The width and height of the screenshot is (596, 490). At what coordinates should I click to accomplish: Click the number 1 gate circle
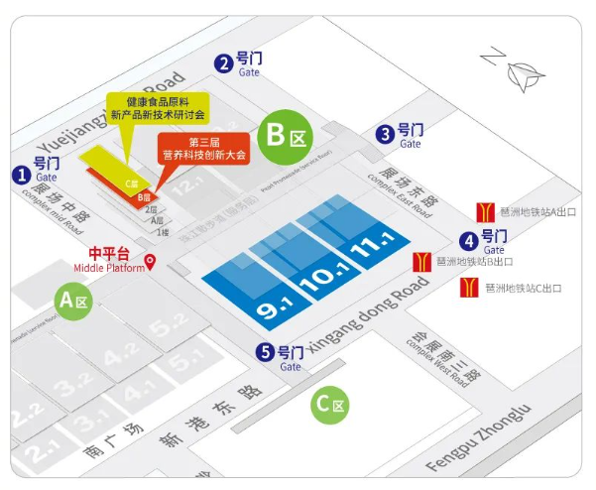point(20,174)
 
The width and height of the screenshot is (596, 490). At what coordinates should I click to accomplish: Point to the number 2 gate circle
point(225,63)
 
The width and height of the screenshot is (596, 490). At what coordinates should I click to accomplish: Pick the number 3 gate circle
point(384,134)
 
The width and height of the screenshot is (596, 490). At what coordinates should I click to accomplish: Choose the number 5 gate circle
point(265,351)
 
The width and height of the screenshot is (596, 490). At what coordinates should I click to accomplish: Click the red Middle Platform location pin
point(150,262)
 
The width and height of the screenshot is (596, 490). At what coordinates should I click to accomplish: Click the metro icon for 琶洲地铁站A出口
point(486,211)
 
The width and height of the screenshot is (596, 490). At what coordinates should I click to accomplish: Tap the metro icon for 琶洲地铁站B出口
point(421,262)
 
